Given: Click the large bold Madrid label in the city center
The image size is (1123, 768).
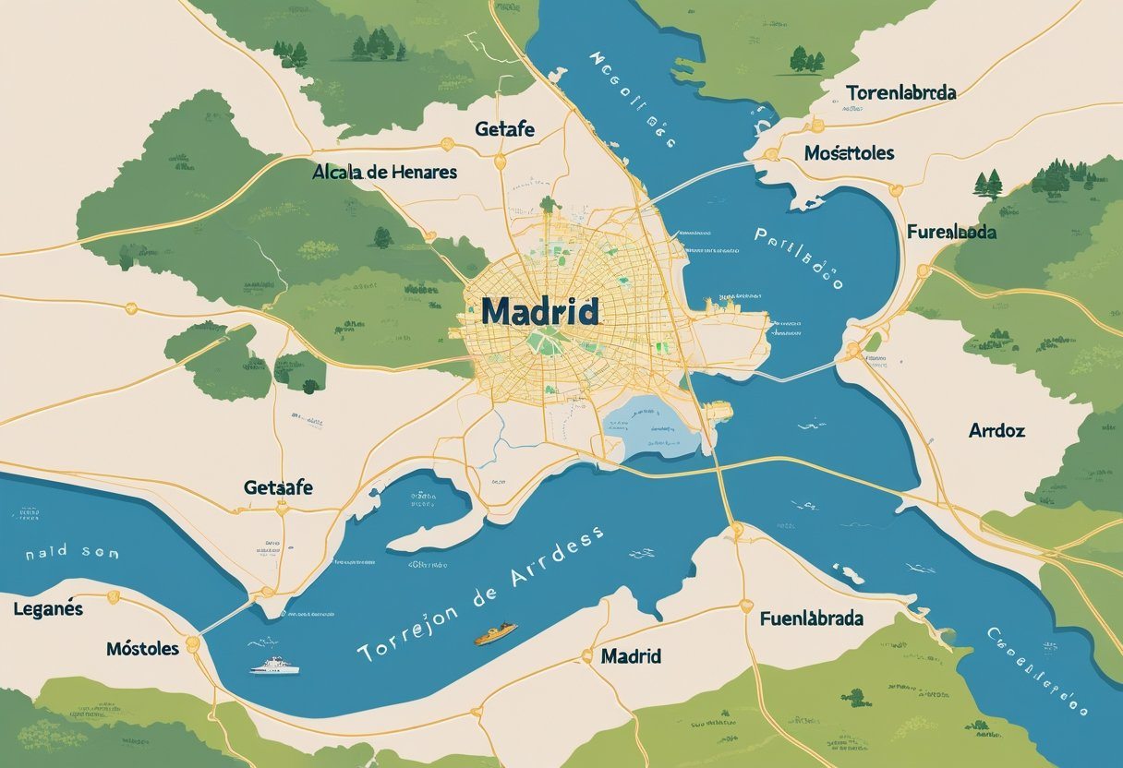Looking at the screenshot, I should tap(539, 311).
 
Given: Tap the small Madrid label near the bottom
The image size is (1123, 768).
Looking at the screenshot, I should tap(631, 656).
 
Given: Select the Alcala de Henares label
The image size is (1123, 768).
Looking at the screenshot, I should tap(384, 172).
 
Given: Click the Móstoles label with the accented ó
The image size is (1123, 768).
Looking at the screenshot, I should tap(142, 648).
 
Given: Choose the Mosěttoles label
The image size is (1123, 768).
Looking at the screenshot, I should tap(849, 152).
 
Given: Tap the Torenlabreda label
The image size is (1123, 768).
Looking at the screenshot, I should tap(900, 92).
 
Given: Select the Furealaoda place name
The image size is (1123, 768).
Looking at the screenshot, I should tap(951, 232).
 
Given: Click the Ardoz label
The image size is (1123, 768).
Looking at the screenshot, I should tap(996, 430).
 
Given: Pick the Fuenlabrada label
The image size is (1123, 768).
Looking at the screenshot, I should tap(817, 618).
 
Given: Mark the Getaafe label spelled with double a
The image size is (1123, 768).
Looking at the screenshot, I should tap(278, 486).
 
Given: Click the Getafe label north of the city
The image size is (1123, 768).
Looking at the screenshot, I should tap(504, 128).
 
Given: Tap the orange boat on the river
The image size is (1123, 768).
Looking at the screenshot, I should tap(495, 635).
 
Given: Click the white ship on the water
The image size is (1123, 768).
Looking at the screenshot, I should tap(274, 665).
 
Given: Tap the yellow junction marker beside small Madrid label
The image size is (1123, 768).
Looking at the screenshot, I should tap(586, 656).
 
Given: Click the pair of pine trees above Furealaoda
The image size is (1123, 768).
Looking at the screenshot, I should tap(988, 184).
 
